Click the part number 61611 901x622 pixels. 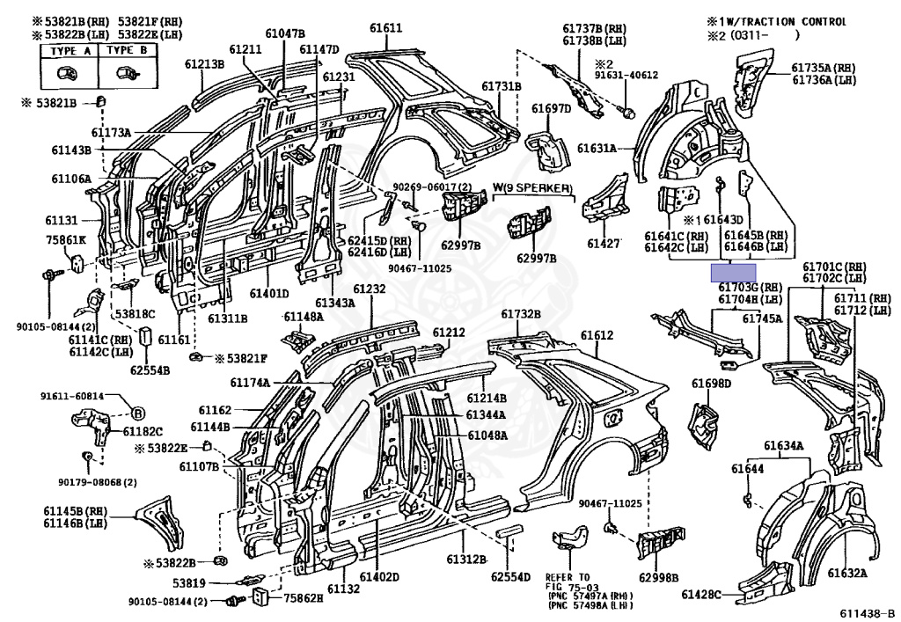coord(385,28)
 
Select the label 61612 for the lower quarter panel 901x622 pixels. coord(597,335)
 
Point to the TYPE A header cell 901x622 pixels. coord(64,50)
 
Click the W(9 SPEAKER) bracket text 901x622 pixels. coord(531,188)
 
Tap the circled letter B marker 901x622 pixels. coord(138,413)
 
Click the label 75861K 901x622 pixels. coord(66,239)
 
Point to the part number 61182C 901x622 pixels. coord(143,432)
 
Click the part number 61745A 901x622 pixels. coord(761,318)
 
